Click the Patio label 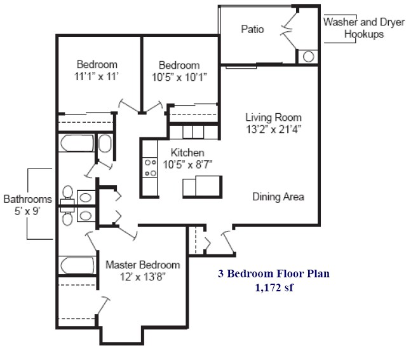click(x=252, y=29)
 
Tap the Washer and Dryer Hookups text click(x=363, y=27)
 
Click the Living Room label click(x=273, y=117)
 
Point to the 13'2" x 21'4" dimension click(x=273, y=128)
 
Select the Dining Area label click(x=278, y=197)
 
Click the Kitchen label click(x=187, y=153)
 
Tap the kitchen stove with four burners click(x=151, y=167)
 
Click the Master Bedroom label click(x=142, y=265)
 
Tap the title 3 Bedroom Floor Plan click(x=274, y=275)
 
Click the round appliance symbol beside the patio click(x=308, y=56)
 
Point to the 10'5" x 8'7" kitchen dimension click(x=187, y=164)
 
